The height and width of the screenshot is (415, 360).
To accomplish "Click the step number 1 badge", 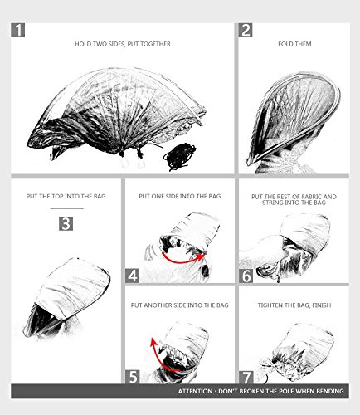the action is pos(18,30).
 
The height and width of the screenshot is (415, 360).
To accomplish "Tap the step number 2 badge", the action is pos(246,30).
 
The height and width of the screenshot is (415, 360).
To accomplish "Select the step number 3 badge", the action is pos(66,223).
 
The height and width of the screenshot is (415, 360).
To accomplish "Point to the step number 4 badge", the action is pos(133,276).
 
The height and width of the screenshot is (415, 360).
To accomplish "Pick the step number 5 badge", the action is pos(133,377).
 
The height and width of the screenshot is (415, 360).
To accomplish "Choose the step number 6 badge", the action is pos(246,276).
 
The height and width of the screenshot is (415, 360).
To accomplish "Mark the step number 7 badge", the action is pos(246,377).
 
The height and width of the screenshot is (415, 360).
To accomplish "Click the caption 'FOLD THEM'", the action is pos(294,44).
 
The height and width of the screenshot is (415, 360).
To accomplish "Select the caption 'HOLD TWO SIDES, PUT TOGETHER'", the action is pos(123,44).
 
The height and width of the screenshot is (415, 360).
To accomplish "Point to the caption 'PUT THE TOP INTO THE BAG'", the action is pos(66,196).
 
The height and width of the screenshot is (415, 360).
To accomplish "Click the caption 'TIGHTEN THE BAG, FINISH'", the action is pos(294,305).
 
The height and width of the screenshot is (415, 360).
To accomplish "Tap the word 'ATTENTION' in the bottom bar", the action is pos(195,391).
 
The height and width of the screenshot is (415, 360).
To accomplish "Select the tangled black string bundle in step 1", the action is pos(179,157).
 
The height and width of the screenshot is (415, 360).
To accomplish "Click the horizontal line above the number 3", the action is pos(67,208).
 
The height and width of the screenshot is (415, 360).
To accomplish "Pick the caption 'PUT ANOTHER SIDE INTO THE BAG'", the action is pos(180,305).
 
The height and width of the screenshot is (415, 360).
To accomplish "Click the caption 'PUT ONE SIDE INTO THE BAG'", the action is pos(180,196).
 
